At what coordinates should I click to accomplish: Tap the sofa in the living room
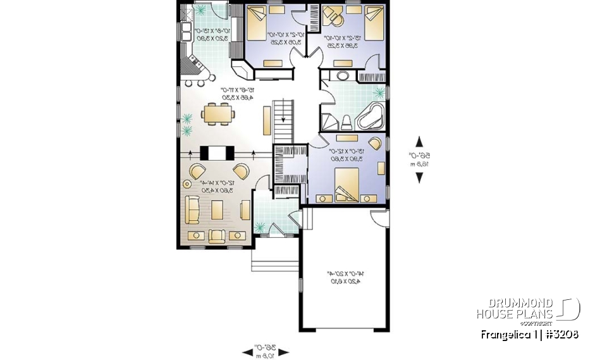point(191,209)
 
